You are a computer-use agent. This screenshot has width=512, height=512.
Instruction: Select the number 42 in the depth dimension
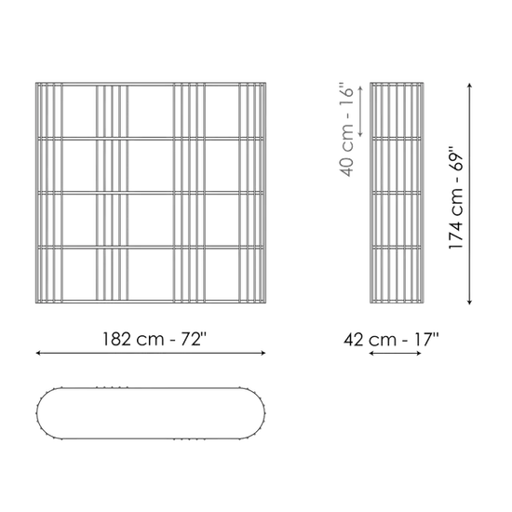coord(354,340)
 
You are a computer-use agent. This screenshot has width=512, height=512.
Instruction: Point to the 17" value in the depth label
coord(426,339)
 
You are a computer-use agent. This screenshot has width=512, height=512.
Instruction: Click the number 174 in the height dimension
coord(456,234)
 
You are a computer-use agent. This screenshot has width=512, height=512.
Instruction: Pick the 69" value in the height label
coord(456,158)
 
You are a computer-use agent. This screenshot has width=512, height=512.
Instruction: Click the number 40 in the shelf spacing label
coord(347,167)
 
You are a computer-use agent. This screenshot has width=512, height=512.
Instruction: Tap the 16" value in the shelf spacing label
coord(347,92)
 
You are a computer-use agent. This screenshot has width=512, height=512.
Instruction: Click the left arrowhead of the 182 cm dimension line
coord(38,353)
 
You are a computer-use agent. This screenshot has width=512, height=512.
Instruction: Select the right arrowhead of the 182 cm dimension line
coord(263,353)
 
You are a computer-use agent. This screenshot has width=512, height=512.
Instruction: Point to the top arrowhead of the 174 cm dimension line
coord(469,86)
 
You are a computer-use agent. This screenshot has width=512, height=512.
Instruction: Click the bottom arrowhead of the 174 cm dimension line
coord(469,303)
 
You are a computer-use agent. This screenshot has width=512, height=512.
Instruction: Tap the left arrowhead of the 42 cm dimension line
coord(371,354)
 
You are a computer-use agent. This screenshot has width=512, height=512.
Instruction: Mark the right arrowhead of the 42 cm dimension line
coord(419,354)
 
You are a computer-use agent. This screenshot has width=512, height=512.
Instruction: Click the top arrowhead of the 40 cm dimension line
coord(360,88)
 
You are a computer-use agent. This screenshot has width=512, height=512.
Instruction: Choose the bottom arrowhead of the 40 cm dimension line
coord(360,134)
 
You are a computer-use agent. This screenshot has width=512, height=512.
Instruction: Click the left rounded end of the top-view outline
coord(37,413)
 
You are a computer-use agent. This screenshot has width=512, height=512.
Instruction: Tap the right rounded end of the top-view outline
coord(264,413)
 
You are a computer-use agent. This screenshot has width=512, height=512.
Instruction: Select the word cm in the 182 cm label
coord(150,341)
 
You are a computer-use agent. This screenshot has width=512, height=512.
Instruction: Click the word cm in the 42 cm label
coord(383,342)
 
